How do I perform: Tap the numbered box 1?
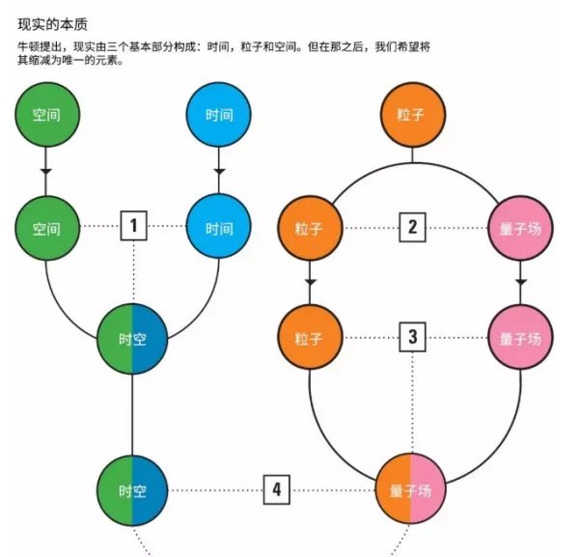[133, 228]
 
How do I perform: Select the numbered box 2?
[412, 228]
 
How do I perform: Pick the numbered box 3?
[412, 339]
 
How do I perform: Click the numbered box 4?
[277, 489]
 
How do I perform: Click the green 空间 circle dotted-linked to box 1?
[46, 229]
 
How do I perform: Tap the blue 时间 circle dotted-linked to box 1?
[219, 229]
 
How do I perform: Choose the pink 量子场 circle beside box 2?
[521, 229]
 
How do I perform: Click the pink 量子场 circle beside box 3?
[521, 340]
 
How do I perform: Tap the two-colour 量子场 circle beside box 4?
[411, 490]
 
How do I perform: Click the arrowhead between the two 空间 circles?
[46, 171]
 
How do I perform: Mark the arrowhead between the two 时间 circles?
[219, 171]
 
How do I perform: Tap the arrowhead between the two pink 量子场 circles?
[521, 282]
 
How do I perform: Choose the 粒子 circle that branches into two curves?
[412, 115]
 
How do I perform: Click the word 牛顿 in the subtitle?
[31, 46]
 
